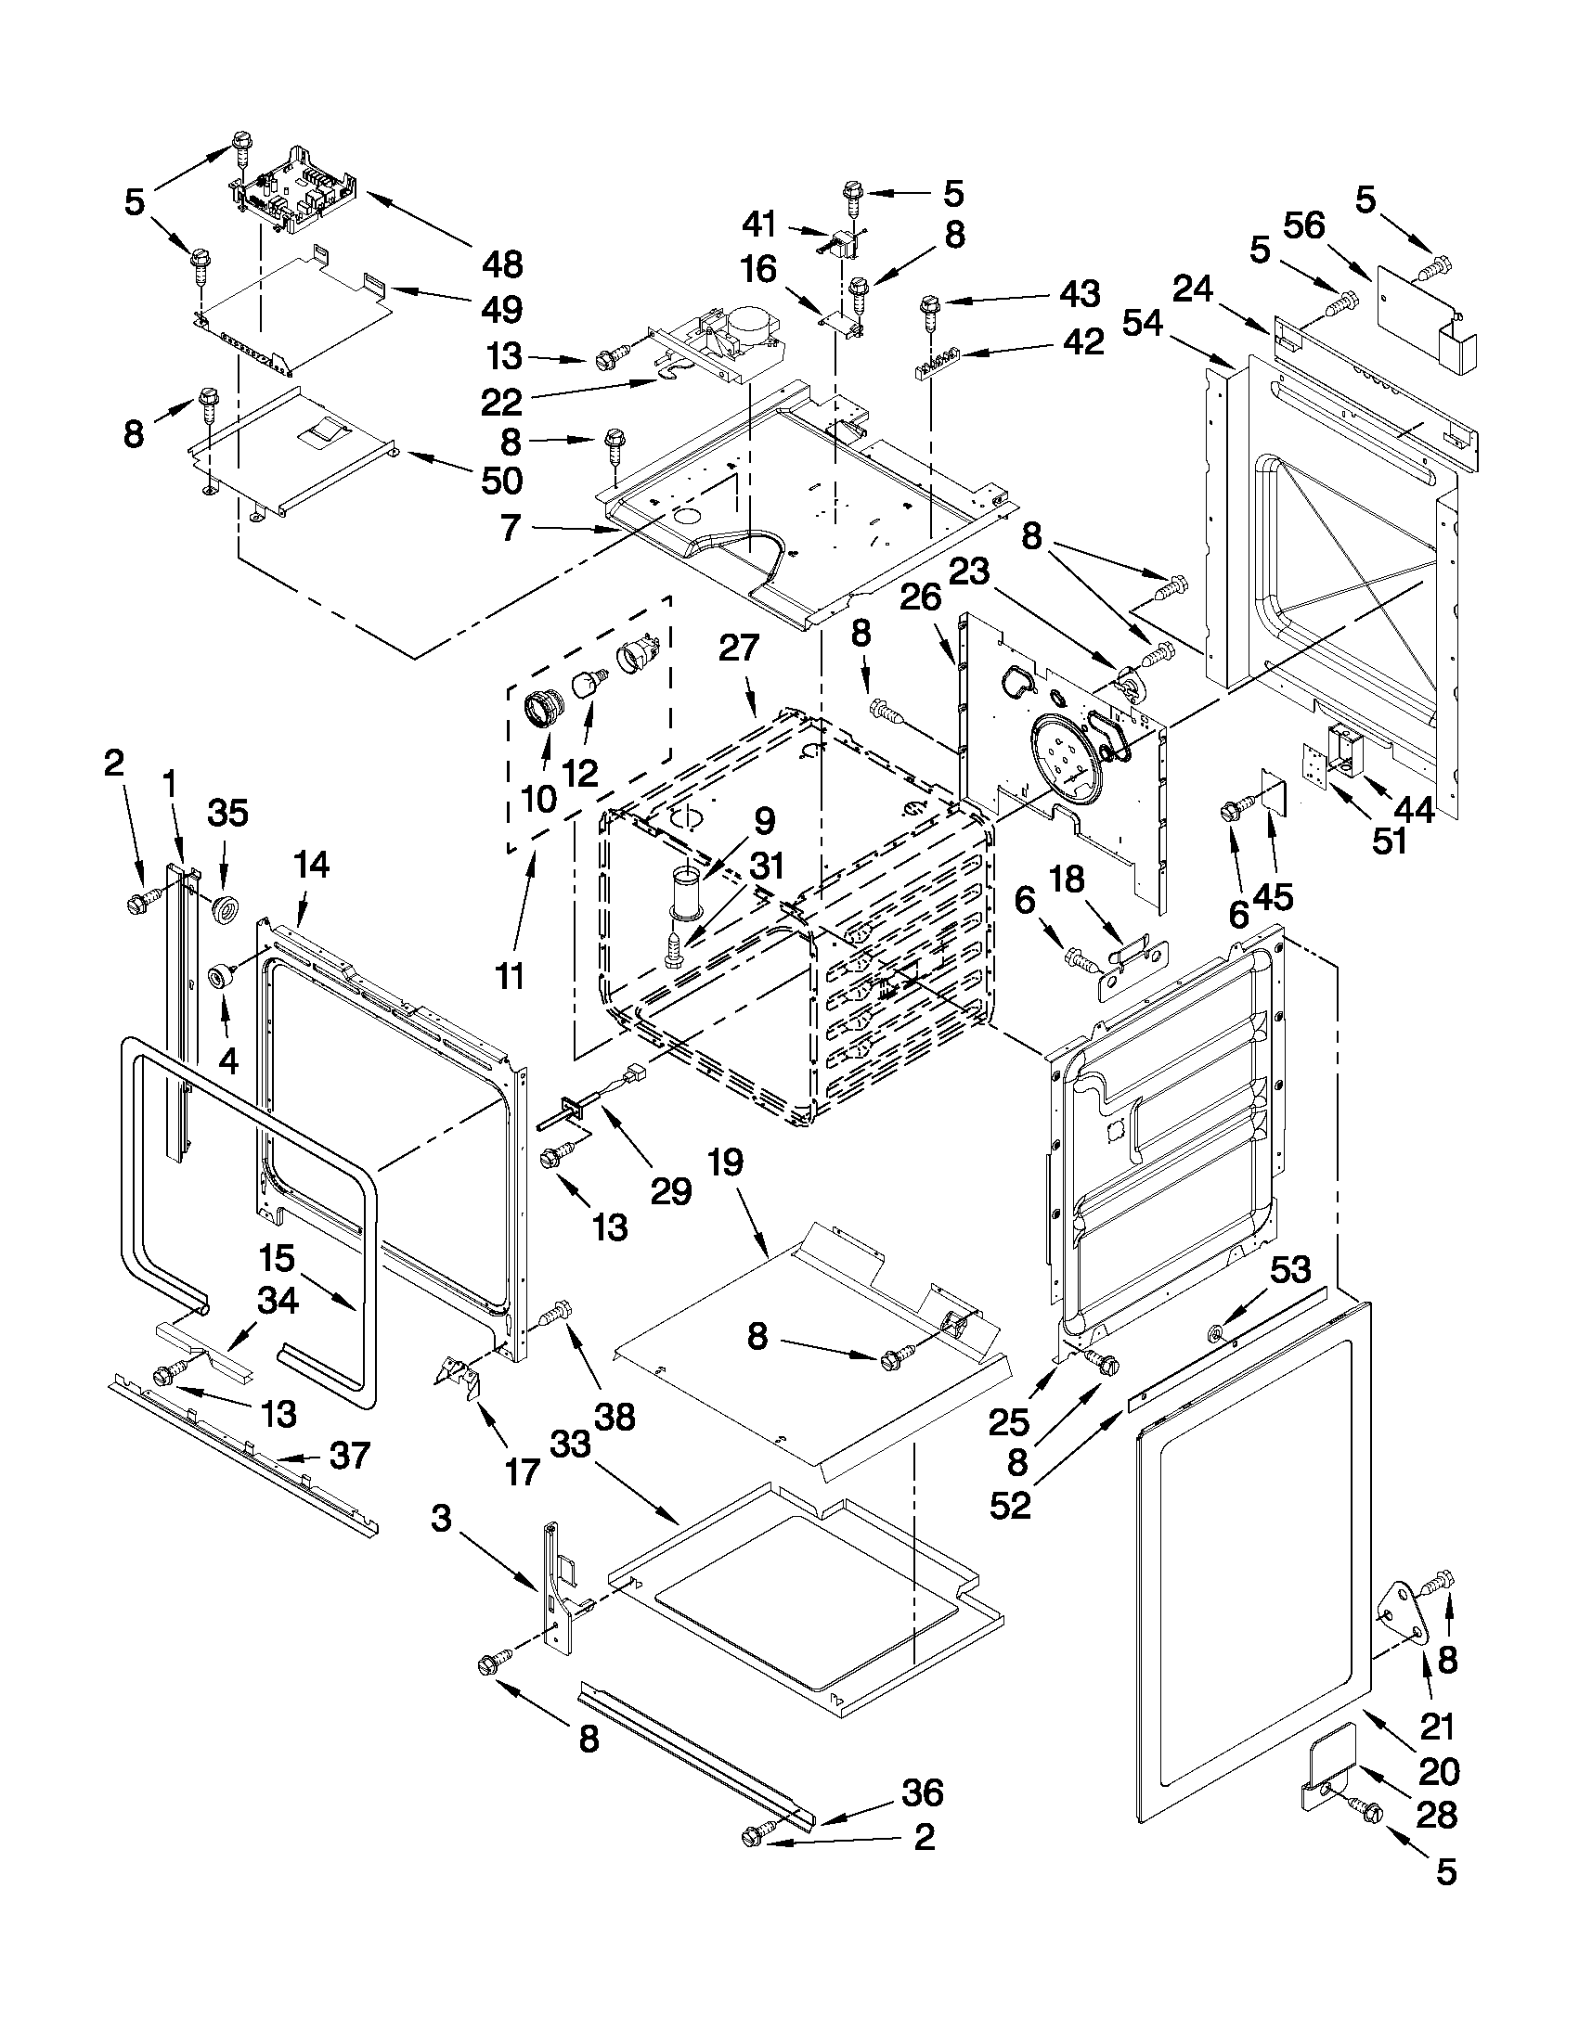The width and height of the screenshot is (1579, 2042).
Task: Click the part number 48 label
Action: tap(502, 264)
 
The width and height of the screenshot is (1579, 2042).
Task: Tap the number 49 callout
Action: tap(502, 310)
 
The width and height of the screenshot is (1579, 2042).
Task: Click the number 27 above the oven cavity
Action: tap(739, 648)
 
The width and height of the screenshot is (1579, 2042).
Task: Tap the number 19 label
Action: tap(726, 1162)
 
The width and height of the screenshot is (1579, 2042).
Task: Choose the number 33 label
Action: tap(570, 1445)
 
